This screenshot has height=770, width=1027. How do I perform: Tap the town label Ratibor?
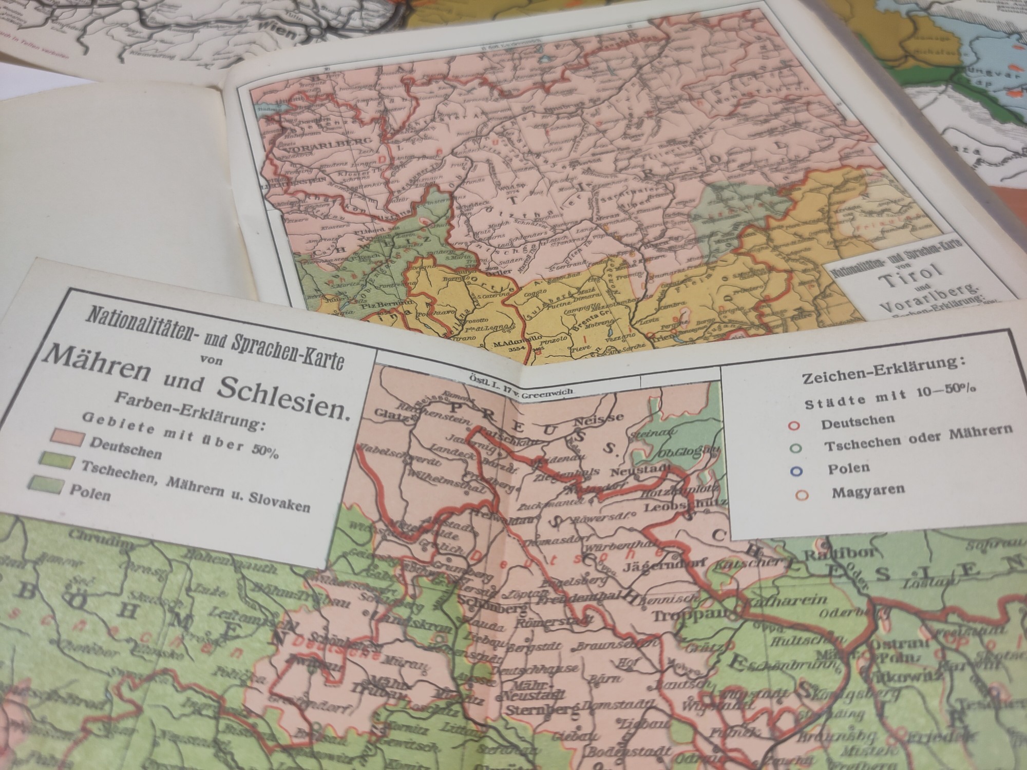click(x=827, y=555)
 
